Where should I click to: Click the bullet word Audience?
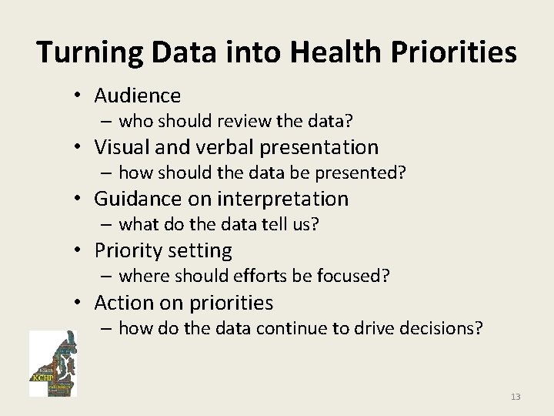[137, 96]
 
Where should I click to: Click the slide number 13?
[515, 397]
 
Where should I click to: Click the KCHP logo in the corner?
[52, 364]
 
